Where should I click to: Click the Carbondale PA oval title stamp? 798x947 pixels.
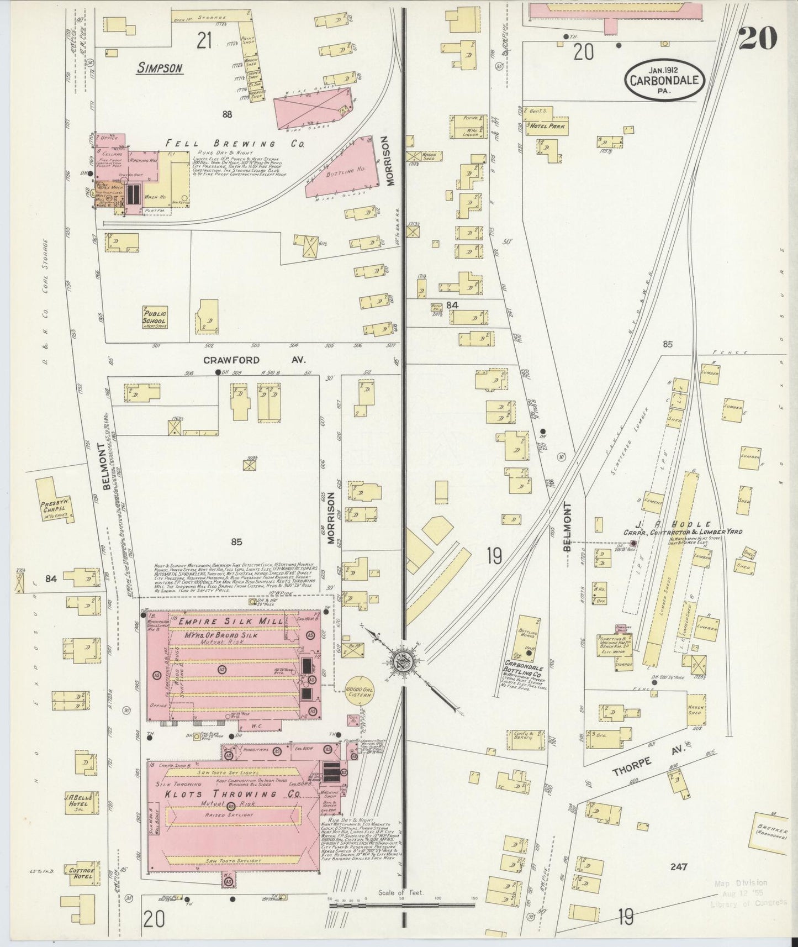coord(665,80)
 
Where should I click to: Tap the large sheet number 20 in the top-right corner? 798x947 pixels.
coord(757,38)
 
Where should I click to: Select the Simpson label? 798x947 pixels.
coord(160,68)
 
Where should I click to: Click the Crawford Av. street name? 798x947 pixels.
coord(255,360)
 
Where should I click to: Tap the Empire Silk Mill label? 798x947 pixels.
coord(231,622)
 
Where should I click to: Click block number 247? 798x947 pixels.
coord(678,866)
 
